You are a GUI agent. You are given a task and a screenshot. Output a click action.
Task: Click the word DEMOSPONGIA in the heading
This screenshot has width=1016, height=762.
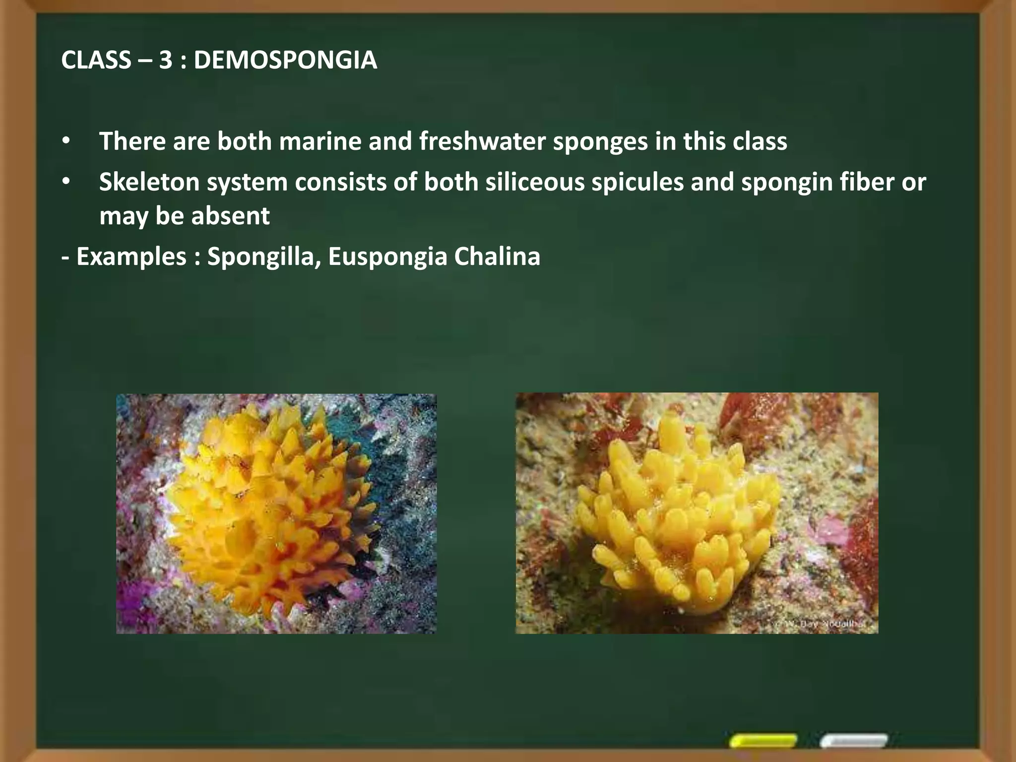285,61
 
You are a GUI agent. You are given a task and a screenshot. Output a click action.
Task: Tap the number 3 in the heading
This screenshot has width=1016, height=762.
166,61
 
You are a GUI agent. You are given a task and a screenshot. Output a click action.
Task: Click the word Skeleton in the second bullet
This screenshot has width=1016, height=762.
148,182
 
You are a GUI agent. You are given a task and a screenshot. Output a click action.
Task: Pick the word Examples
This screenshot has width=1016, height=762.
131,257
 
